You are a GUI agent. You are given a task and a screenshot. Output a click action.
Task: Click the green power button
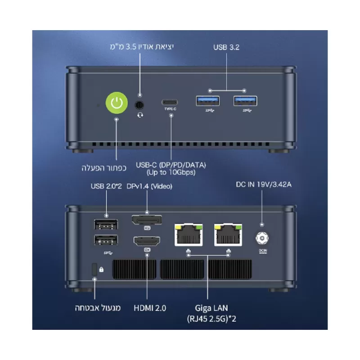coord(117,103)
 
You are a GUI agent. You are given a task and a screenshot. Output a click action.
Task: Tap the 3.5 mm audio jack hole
coord(139,105)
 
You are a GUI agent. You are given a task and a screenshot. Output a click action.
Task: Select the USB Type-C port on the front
coord(170,102)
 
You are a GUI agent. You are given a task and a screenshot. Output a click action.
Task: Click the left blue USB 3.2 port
coord(208,101)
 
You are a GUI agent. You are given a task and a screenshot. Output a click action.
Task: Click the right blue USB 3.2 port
coord(245,101)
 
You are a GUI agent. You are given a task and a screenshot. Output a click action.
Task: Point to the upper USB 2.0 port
coord(106,224)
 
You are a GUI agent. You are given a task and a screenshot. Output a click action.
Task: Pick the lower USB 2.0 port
coord(106,240)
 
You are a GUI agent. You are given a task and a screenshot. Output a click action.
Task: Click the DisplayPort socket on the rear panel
coord(147,220)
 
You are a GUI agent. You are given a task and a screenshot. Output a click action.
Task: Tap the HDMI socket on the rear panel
coord(147,241)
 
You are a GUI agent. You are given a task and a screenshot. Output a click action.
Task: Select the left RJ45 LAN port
coord(189,234)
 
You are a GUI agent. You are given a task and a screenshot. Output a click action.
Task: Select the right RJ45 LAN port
coord(228,234)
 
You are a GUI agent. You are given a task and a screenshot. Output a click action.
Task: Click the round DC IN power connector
coord(262,238)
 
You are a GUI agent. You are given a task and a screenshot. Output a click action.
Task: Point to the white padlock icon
coord(101,269)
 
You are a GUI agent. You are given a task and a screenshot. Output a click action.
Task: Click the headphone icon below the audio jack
coord(140,115)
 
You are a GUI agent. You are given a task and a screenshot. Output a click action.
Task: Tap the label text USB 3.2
coord(226,47)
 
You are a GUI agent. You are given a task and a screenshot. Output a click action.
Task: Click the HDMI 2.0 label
coord(150,308)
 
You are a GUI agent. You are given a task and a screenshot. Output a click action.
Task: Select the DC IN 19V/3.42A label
coord(264,184)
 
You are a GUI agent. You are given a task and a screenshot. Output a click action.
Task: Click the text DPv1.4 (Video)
coord(149,186)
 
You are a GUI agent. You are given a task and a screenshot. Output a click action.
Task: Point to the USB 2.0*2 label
coord(106,186)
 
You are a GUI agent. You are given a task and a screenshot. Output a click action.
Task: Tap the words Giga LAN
coord(211,308)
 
